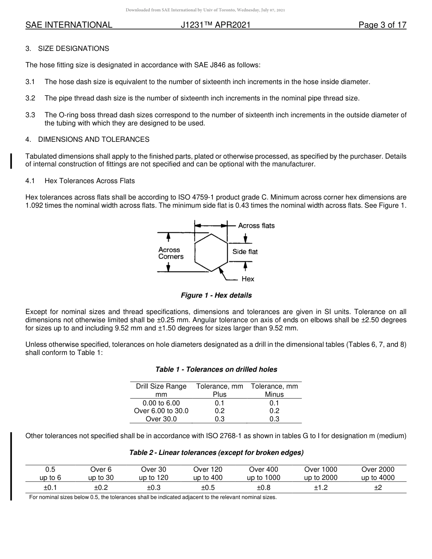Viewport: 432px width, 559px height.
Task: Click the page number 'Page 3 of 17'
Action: [382, 25]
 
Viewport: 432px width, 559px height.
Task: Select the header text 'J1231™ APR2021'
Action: [216, 25]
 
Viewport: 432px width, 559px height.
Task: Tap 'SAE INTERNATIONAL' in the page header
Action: [69, 25]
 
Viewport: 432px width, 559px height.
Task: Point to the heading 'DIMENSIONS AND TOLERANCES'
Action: [94, 140]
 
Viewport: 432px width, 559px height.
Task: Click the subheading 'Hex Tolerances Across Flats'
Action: [90, 181]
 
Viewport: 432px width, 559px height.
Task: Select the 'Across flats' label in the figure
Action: [256, 225]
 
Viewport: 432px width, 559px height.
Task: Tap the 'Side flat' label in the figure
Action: [245, 252]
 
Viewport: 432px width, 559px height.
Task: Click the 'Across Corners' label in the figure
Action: [171, 253]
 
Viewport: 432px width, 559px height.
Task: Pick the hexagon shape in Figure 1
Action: [211, 253]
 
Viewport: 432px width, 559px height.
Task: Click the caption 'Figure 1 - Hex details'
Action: [216, 295]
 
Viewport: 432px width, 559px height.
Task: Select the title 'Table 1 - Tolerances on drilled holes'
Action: [216, 369]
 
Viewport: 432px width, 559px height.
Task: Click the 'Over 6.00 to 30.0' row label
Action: [161, 411]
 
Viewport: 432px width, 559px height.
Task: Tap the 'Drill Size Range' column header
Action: [161, 386]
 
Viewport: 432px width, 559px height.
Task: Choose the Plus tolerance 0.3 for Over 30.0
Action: [220, 419]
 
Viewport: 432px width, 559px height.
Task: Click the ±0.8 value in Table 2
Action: [263, 488]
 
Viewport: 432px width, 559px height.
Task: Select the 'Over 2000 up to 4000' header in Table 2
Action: [378, 474]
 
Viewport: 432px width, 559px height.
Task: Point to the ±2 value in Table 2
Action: [378, 488]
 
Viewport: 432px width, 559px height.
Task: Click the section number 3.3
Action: [30, 115]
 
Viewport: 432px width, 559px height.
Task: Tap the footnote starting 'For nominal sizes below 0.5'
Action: [153, 497]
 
